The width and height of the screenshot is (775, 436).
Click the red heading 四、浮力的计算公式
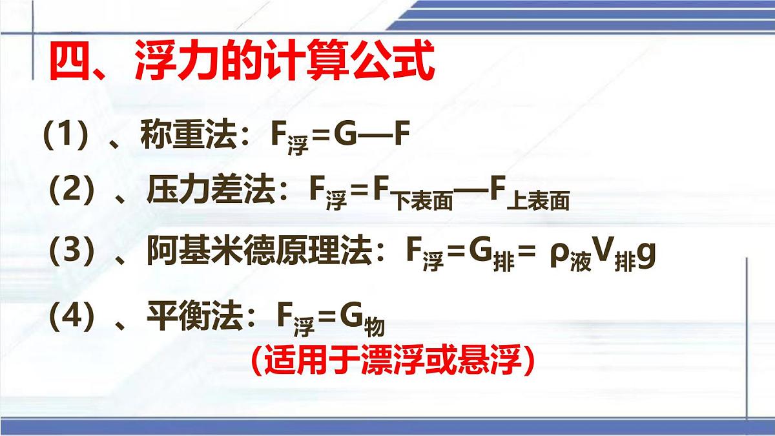click(x=240, y=63)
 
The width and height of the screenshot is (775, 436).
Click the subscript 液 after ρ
click(x=580, y=263)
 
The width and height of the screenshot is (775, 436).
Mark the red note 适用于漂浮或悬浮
click(x=393, y=360)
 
